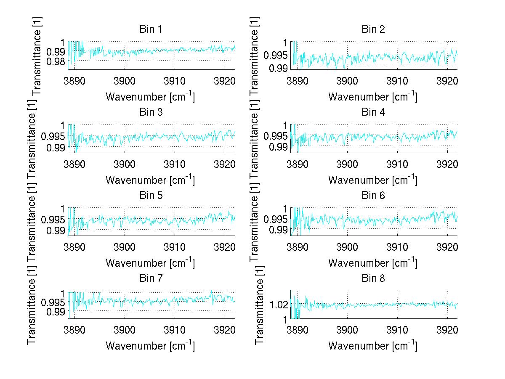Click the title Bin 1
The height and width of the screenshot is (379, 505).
pos(150,29)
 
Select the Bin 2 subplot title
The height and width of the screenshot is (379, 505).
pos(373,29)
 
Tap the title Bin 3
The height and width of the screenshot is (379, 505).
pos(150,112)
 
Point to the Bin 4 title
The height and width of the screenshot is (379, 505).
pos(373,112)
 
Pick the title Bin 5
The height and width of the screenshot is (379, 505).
pos(150,196)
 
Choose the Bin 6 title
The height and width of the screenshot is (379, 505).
pos(373,196)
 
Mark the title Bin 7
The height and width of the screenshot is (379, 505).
pos(150,278)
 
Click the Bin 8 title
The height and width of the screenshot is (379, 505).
pos(373,278)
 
